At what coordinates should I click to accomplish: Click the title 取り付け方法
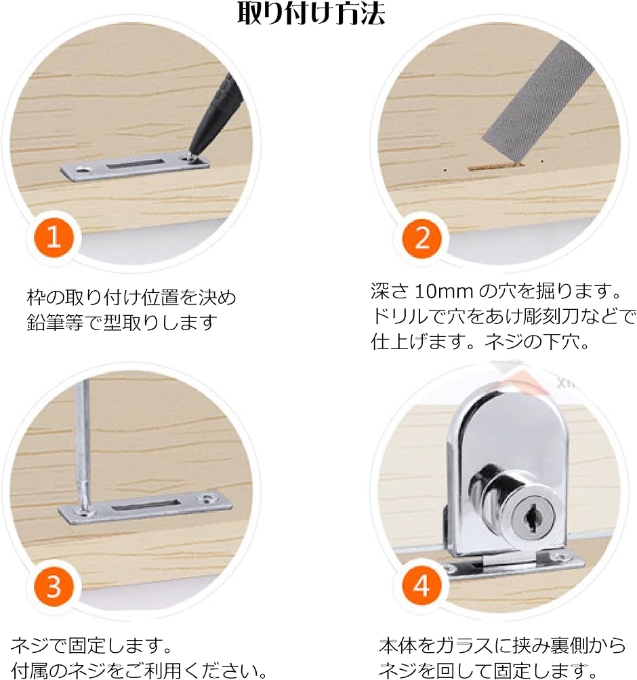point(311,14)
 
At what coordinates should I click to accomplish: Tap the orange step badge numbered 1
point(54,237)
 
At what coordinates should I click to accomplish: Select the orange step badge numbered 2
point(422,237)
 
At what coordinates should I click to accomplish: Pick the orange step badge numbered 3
point(54,586)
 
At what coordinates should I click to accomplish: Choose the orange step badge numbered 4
point(422,586)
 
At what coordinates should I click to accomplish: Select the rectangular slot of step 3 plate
point(146,505)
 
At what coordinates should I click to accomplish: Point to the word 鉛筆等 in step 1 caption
point(55,322)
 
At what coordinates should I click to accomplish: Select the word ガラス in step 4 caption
point(464,646)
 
